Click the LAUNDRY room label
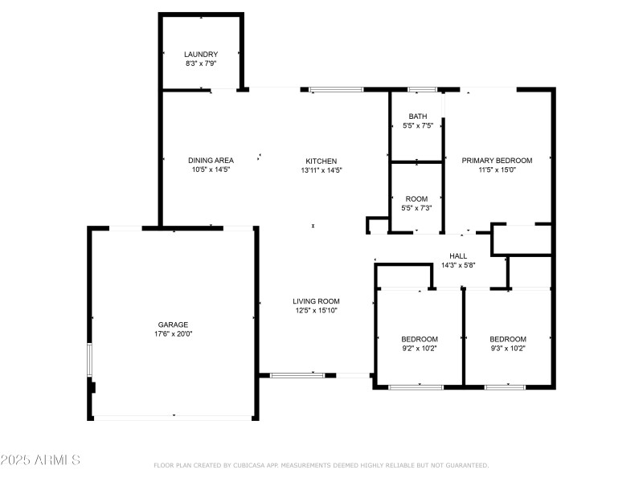pyautogui.click(x=201, y=54)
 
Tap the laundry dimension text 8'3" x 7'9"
pyautogui.click(x=201, y=63)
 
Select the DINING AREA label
pyautogui.click(x=211, y=160)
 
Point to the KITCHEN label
pyautogui.click(x=321, y=161)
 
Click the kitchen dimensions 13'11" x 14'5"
pyautogui.click(x=321, y=170)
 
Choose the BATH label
pyautogui.click(x=418, y=116)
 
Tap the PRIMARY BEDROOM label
pyautogui.click(x=497, y=160)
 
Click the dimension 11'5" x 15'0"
pyautogui.click(x=497, y=170)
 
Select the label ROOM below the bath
pyautogui.click(x=416, y=198)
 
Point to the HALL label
pyautogui.click(x=458, y=255)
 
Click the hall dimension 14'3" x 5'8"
pyautogui.click(x=458, y=265)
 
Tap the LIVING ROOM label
pyautogui.click(x=316, y=301)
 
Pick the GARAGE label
pyautogui.click(x=173, y=325)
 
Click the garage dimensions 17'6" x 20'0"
pyautogui.click(x=173, y=334)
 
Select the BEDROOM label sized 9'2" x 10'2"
pyautogui.click(x=420, y=339)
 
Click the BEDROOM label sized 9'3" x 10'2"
pyautogui.click(x=508, y=339)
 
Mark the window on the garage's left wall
pyautogui.click(x=89, y=360)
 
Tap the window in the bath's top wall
pyautogui.click(x=423, y=90)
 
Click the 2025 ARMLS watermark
pyautogui.click(x=40, y=460)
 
